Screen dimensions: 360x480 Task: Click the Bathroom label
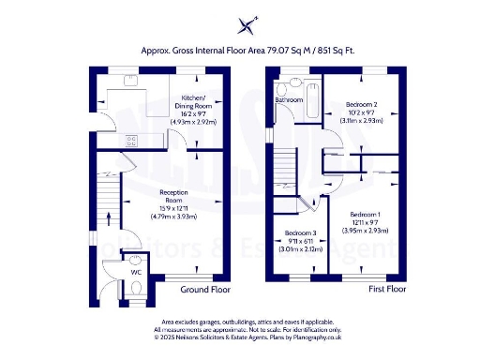click(289, 99)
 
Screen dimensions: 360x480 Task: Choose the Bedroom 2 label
click(360, 104)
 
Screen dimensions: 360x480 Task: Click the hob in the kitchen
click(131, 142)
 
